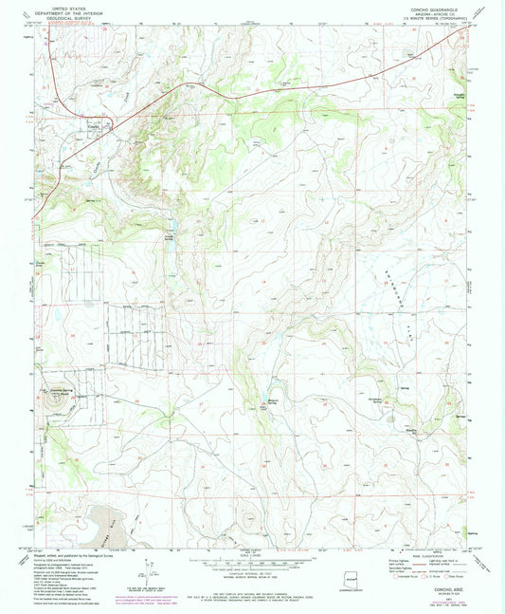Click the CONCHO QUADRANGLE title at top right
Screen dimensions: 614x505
434,5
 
